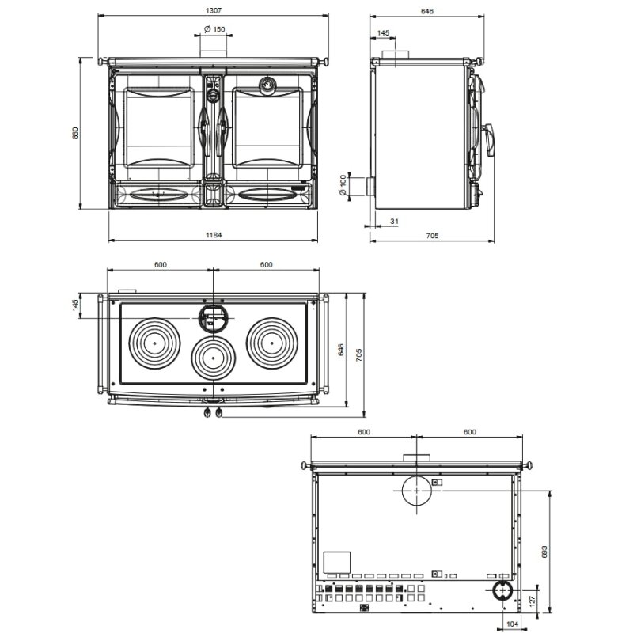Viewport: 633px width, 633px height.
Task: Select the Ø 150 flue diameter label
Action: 214,29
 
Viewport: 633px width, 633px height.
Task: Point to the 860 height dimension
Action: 76,133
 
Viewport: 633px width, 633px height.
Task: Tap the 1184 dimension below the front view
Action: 214,235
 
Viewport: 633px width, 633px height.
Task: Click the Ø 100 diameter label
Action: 343,187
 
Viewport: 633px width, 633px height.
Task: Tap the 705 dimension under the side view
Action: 432,235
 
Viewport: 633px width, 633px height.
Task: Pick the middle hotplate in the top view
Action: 212,358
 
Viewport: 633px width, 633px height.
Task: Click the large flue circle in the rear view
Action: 415,491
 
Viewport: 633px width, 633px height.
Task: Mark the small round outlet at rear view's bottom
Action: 501,591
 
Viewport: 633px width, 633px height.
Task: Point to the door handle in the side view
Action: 490,139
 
